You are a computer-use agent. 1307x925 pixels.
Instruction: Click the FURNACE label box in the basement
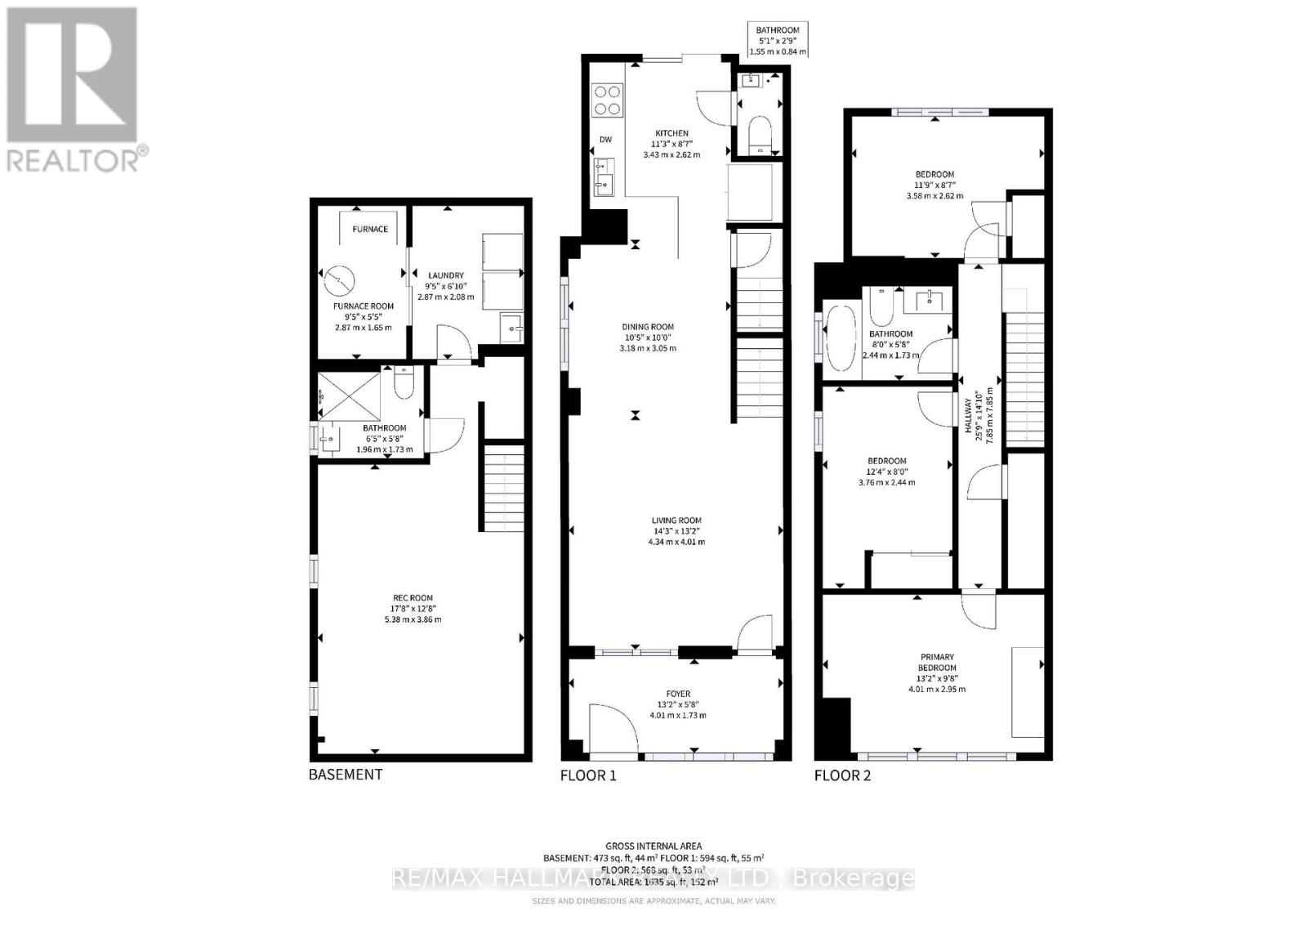coord(370,229)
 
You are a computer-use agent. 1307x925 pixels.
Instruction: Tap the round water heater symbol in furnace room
coord(339,282)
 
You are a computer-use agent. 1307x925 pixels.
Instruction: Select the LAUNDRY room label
coord(446,275)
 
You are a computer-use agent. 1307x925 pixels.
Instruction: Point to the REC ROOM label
coord(412,597)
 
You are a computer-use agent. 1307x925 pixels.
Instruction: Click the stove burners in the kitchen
coord(606,100)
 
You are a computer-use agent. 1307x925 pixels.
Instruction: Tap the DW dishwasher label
coord(605,140)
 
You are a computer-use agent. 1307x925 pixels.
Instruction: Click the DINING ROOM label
coord(648,327)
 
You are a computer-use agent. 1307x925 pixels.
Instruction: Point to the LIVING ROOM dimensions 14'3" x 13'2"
coord(676,531)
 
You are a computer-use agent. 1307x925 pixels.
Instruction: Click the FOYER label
coord(678,694)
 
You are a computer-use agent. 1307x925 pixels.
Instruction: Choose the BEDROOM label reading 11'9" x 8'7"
coord(935,185)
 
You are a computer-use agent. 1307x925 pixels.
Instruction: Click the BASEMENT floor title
coord(345,774)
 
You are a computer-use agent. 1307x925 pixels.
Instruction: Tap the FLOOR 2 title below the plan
coord(842,775)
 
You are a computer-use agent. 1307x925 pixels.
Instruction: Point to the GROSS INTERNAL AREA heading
coord(653,846)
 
